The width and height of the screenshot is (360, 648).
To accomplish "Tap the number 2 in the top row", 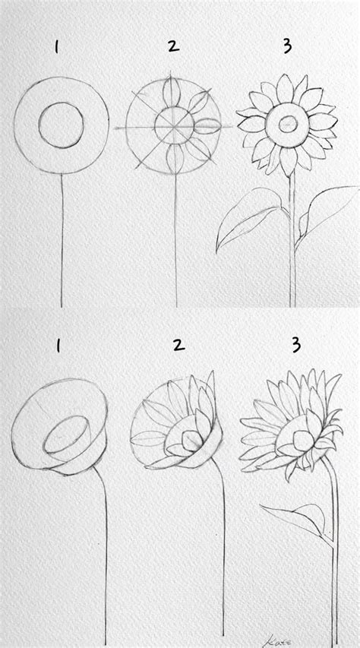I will click(x=173, y=47).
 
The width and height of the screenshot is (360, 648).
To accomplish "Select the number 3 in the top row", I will click(x=286, y=47).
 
